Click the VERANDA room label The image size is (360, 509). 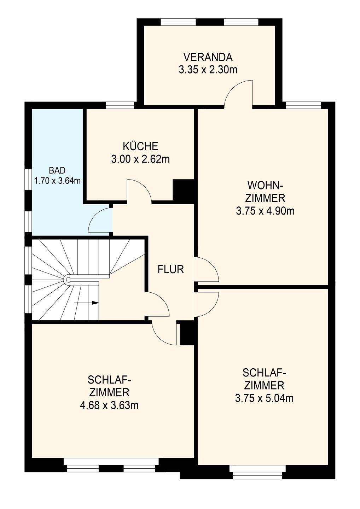pyautogui.click(x=208, y=58)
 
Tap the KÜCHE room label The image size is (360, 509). pyautogui.click(x=140, y=146)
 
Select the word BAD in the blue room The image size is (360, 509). pyautogui.click(x=57, y=170)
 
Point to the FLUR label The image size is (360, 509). pyautogui.click(x=171, y=269)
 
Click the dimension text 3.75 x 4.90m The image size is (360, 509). pyautogui.click(x=265, y=211)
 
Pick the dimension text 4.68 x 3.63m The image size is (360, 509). pyautogui.click(x=109, y=405)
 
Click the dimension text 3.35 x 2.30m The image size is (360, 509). pyautogui.click(x=208, y=70)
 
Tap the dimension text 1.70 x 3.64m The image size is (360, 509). pyautogui.click(x=57, y=181)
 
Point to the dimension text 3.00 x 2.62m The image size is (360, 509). pyautogui.click(x=140, y=159)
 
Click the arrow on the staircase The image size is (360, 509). pyautogui.click(x=86, y=303)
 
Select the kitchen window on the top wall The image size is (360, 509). pyautogui.click(x=120, y=105)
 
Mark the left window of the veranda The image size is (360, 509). pyautogui.click(x=178, y=22)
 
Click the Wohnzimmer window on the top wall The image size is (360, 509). pyautogui.click(x=303, y=105)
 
